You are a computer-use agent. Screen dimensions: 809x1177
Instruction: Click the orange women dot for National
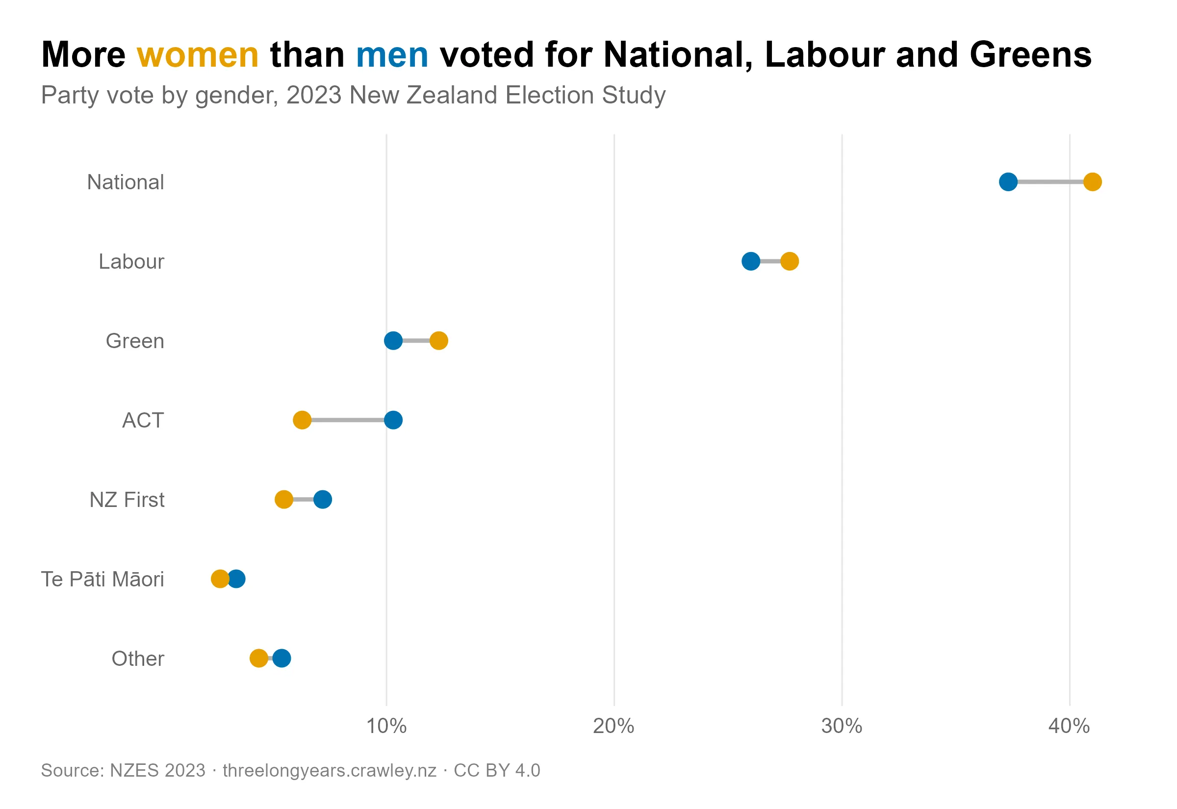(1092, 181)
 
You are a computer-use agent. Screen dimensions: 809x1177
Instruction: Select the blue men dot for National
(1008, 181)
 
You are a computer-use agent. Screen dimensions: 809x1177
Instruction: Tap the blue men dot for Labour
(751, 261)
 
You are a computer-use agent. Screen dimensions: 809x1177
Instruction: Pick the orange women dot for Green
(439, 341)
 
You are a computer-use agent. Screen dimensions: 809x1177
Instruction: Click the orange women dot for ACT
(302, 420)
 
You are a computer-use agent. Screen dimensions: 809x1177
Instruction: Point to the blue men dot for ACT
(393, 420)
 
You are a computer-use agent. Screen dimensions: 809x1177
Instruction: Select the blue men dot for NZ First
(323, 500)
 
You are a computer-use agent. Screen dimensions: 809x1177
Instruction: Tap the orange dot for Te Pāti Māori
(219, 579)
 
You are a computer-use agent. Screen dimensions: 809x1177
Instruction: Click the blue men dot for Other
(282, 658)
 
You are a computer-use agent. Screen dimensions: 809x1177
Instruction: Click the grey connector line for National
(1050, 181)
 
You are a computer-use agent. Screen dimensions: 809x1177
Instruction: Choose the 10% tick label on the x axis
(386, 726)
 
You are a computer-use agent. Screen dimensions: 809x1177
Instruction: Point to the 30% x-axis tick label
(842, 726)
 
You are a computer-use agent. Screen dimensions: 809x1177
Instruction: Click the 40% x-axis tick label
(1069, 726)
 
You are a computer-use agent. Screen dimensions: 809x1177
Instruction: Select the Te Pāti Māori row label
(102, 580)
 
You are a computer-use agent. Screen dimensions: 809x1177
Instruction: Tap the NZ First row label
(127, 500)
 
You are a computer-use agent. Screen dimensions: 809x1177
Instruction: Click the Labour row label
(131, 261)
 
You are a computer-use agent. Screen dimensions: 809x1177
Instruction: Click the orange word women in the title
(198, 55)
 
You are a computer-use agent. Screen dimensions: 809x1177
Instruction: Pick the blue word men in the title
(392, 55)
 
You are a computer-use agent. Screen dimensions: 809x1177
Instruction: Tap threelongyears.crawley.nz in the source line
(330, 770)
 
